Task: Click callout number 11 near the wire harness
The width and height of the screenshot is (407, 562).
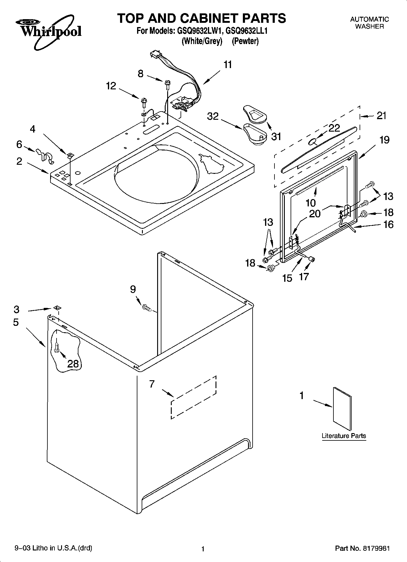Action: click(x=228, y=65)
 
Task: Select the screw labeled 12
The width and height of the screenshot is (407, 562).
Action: click(x=144, y=101)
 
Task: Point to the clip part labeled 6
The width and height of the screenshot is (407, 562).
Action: click(x=44, y=155)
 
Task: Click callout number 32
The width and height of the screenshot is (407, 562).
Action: click(x=213, y=116)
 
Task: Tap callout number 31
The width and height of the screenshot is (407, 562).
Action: click(x=276, y=137)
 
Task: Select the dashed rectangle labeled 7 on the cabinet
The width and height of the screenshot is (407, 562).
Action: click(x=194, y=397)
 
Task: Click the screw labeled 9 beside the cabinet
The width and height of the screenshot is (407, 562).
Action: click(x=146, y=308)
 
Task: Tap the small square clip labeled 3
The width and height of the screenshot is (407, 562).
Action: click(x=56, y=308)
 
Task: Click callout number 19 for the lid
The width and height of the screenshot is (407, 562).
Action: click(x=384, y=140)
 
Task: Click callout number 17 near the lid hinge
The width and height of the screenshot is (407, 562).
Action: click(x=304, y=276)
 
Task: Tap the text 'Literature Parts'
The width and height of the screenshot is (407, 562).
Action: click(x=344, y=436)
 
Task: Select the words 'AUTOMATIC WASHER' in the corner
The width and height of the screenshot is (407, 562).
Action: click(x=369, y=23)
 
